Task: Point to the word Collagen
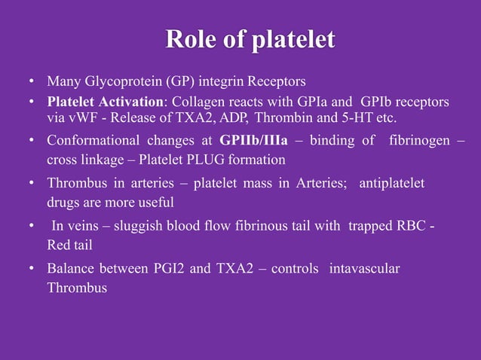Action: point(193,102)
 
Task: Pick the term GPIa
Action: point(293,102)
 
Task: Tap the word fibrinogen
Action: point(418,141)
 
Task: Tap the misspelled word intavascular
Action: point(365,269)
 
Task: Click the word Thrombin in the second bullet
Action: point(279,118)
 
